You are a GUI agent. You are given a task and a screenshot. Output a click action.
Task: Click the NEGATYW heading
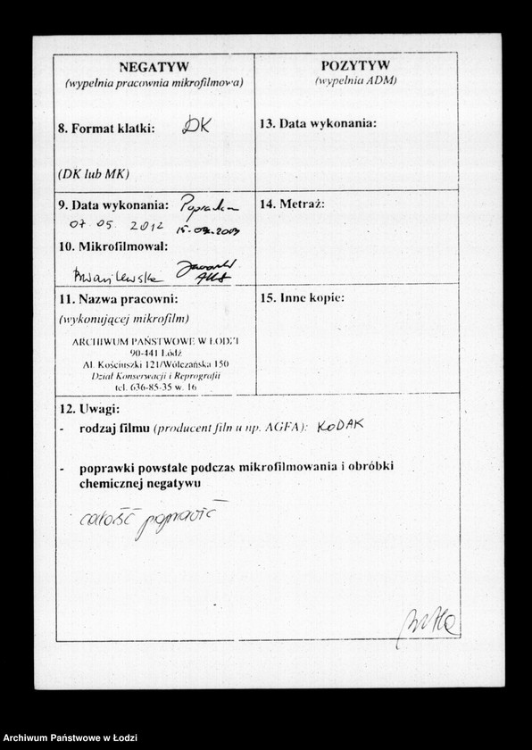[x=154, y=67]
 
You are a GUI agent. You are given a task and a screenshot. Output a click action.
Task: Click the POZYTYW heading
[x=355, y=66]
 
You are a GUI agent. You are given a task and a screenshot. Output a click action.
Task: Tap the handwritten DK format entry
[x=195, y=126]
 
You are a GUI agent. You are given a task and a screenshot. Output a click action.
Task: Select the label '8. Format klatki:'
[x=106, y=129]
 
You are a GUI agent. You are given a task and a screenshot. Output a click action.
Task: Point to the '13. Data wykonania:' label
[x=318, y=123]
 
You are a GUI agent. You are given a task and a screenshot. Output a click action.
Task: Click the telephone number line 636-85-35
[x=155, y=387]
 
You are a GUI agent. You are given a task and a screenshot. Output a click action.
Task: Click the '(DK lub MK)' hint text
[x=94, y=173]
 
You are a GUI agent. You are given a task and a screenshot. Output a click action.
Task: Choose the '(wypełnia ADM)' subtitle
[x=355, y=80]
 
